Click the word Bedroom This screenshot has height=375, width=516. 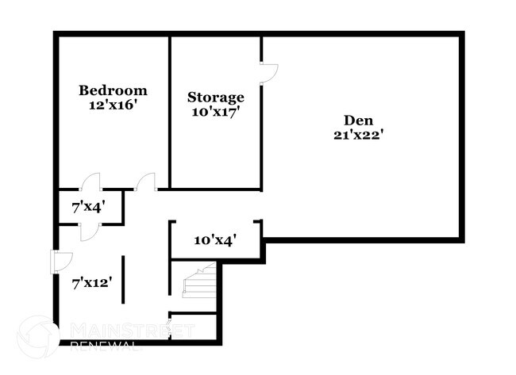113,90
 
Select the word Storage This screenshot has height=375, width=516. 216,98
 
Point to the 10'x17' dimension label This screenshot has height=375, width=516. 216,112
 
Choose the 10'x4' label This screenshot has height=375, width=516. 215,239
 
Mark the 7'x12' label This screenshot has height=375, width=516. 90,281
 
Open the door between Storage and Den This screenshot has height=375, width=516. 269,73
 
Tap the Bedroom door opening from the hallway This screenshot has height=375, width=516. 146,183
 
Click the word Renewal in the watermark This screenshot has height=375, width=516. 106,346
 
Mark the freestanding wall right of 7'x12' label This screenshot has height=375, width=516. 123,279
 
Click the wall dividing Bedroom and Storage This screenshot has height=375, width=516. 171,111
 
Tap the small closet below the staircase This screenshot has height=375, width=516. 193,327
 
